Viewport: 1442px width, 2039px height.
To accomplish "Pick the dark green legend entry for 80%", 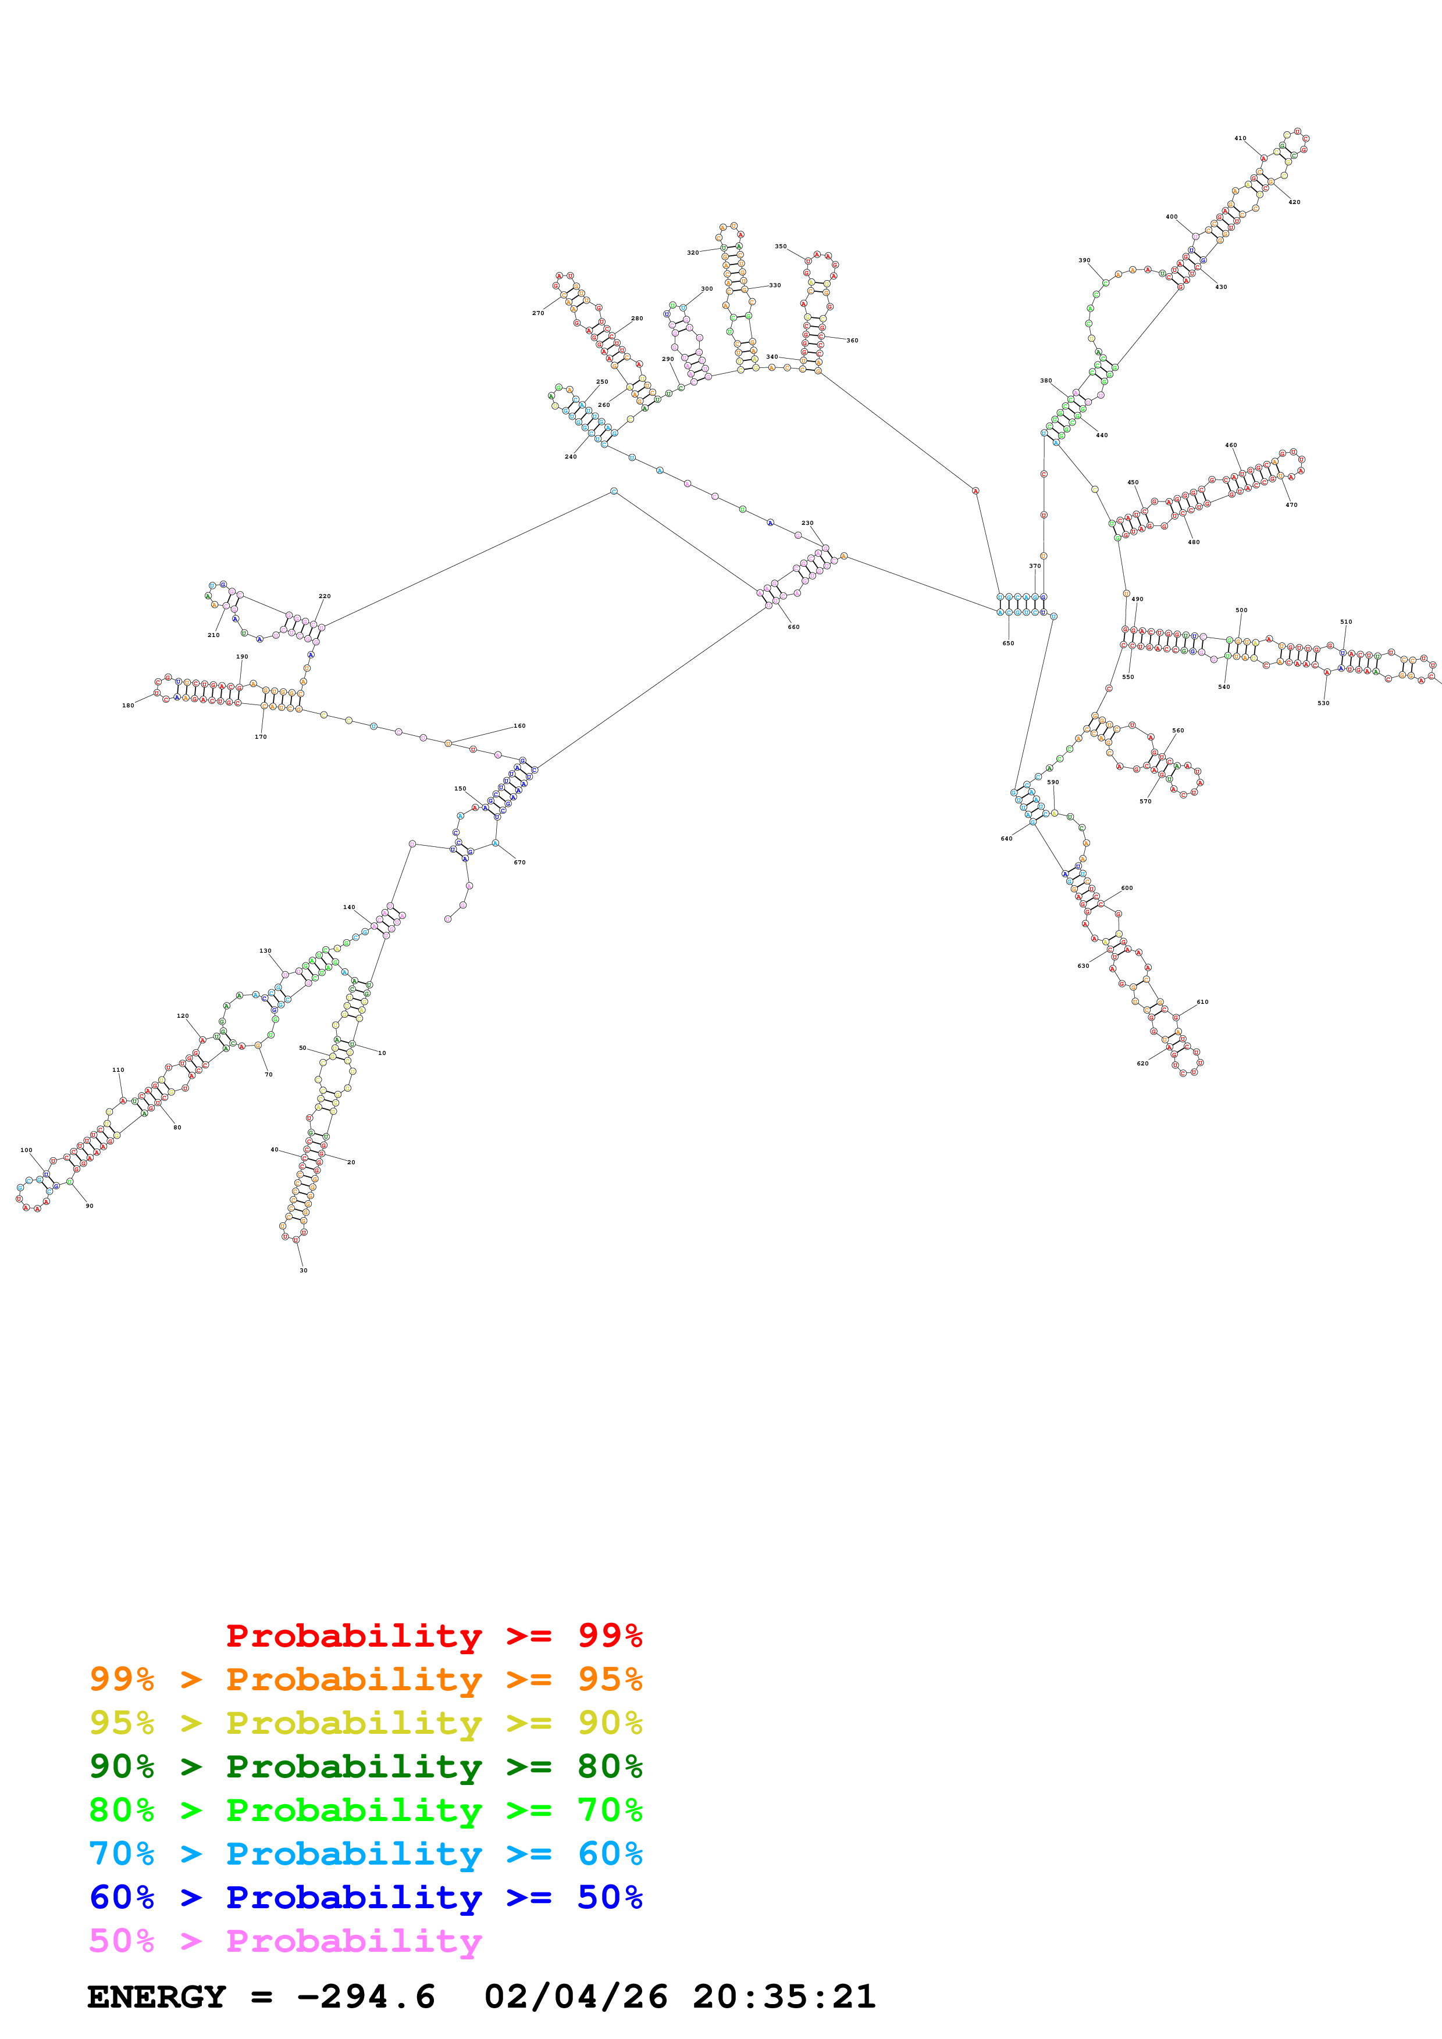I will pos(365,1767).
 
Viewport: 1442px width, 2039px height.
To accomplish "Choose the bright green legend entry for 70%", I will pos(365,1811).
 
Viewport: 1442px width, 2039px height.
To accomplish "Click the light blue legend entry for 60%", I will pos(365,1854).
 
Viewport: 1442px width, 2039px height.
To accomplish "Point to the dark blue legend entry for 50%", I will pos(365,1898).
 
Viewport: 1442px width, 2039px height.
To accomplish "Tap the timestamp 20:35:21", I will pos(784,1997).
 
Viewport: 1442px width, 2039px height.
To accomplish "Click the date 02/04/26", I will pos(576,1997).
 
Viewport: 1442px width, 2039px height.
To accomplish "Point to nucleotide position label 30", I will pos(303,1271).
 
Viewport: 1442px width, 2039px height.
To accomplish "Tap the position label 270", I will pos(537,313).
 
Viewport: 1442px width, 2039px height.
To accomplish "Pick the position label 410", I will pos(1240,138).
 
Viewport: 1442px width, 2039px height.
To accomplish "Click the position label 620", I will pos(1142,1064).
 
